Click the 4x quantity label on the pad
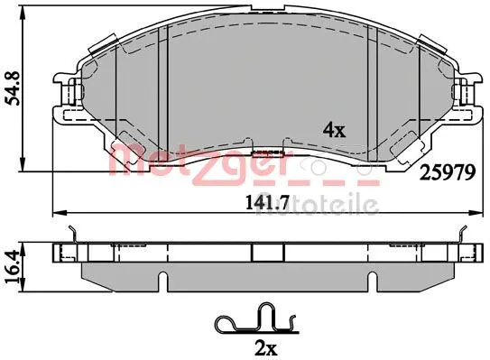coord(334,130)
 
